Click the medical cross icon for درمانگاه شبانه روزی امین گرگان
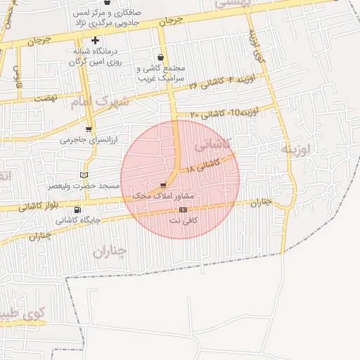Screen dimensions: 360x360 95,40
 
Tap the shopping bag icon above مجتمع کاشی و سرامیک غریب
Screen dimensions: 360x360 162,57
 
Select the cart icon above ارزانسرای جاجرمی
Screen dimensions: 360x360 89,129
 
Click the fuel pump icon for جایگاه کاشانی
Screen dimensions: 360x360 77,210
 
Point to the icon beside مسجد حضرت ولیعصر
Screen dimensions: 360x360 84,174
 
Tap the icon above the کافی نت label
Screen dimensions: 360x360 183,210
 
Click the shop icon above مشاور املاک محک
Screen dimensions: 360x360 164,185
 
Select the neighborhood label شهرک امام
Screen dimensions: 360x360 101,103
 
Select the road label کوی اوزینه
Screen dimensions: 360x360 257,46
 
